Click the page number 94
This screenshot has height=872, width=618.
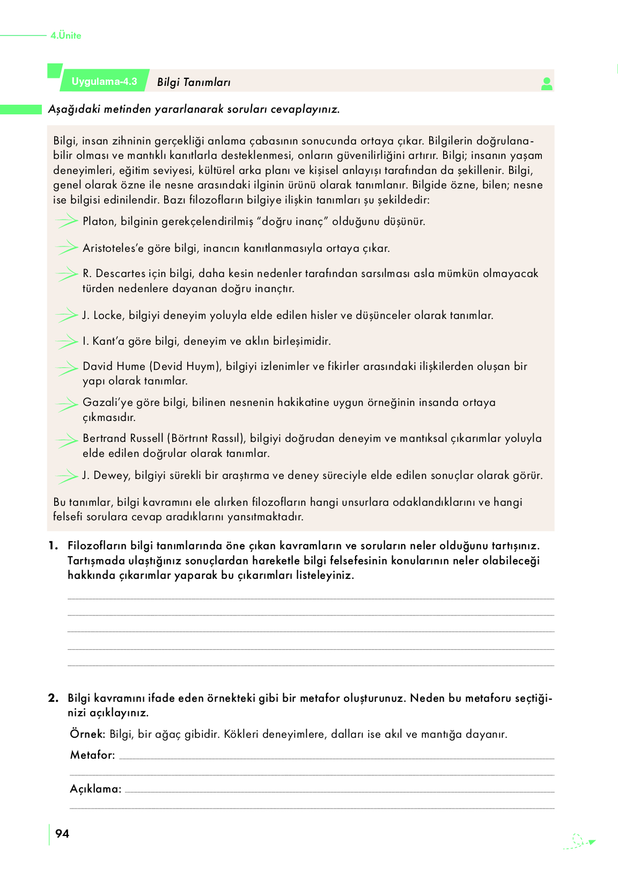pyautogui.click(x=62, y=833)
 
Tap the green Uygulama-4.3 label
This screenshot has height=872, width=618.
pyautogui.click(x=105, y=82)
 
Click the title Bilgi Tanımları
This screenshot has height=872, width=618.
pyautogui.click(x=194, y=82)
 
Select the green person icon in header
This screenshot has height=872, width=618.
pyautogui.click(x=547, y=84)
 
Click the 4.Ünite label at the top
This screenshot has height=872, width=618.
pyautogui.click(x=66, y=35)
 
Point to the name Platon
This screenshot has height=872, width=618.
pyautogui.click(x=98, y=221)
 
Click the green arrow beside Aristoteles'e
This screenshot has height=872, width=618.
pyautogui.click(x=67, y=248)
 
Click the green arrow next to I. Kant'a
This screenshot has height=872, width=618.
pyautogui.click(x=67, y=341)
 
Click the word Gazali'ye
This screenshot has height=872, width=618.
pyautogui.click(x=107, y=402)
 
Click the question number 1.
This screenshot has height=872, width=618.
pyautogui.click(x=53, y=546)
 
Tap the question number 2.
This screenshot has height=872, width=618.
pyautogui.click(x=53, y=698)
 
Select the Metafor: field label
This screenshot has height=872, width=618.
pyautogui.click(x=92, y=755)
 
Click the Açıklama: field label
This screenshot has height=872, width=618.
pyautogui.click(x=95, y=789)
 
